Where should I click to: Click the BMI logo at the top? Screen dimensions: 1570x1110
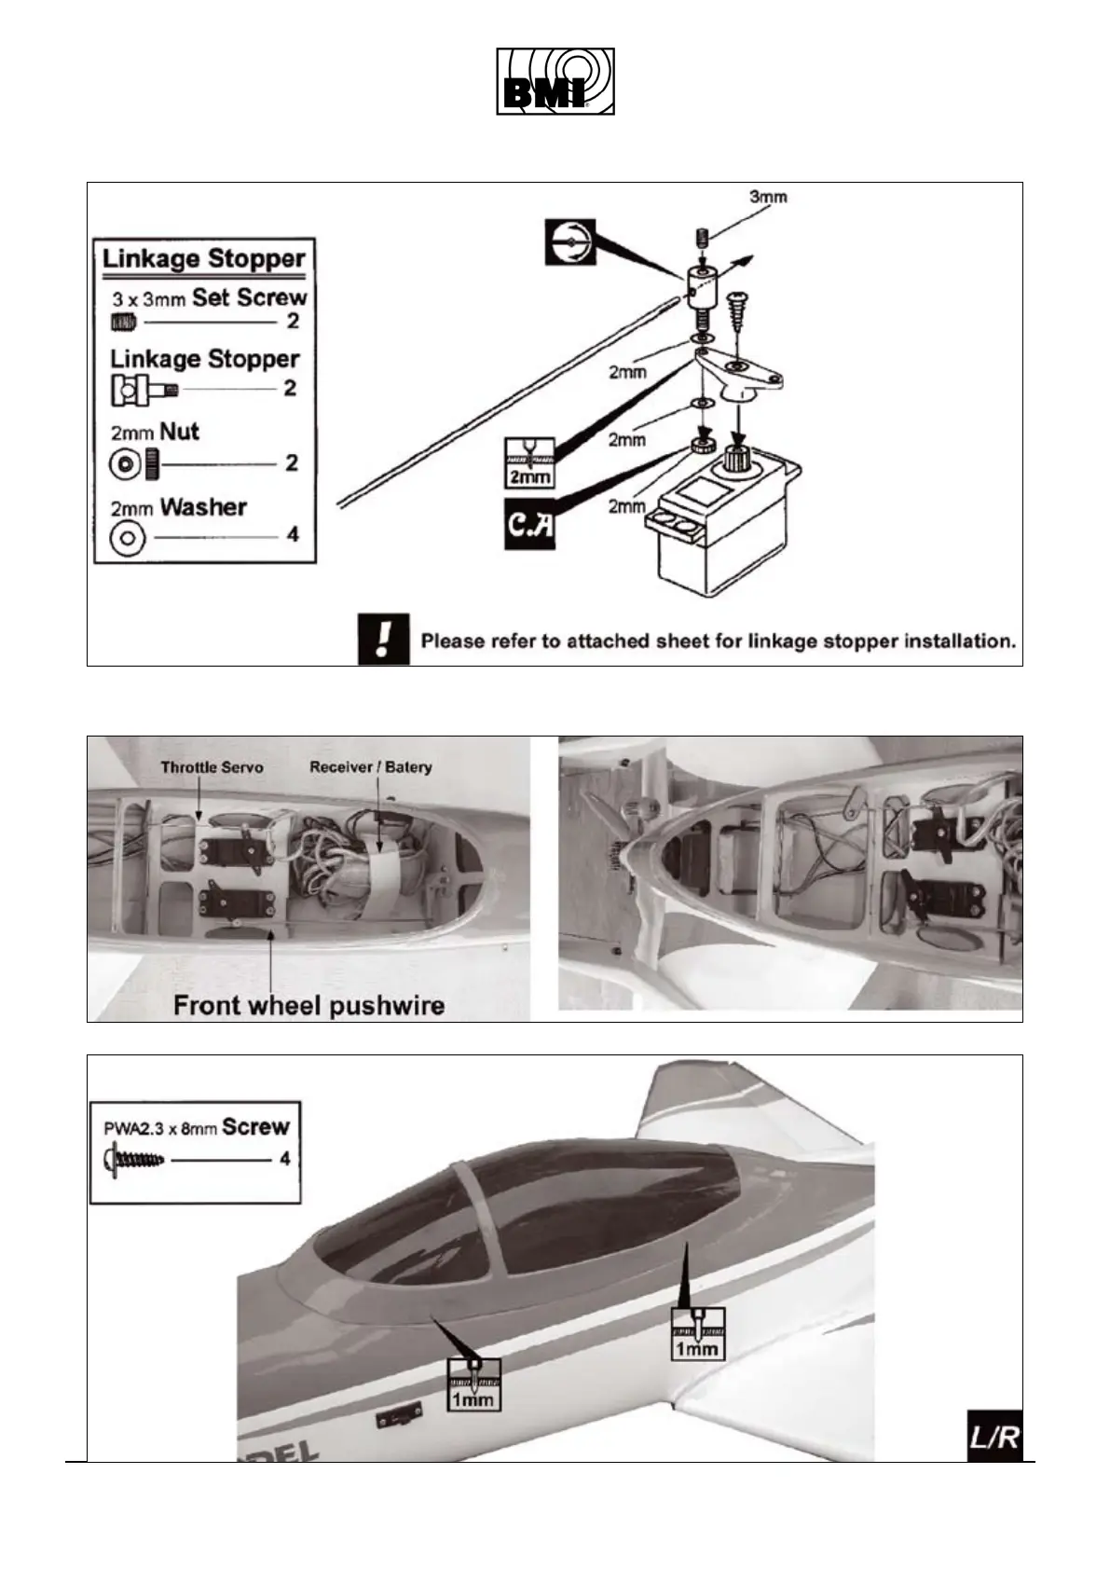pyautogui.click(x=555, y=81)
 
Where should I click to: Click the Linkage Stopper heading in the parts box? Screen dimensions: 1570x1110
pyautogui.click(x=204, y=258)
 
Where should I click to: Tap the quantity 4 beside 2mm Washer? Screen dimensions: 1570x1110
pyautogui.click(x=293, y=535)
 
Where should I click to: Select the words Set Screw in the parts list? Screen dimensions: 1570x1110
pyautogui.click(x=249, y=297)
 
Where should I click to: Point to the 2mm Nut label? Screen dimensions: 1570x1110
pyautogui.click(x=155, y=432)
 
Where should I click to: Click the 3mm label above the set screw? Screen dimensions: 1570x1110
pyautogui.click(x=768, y=197)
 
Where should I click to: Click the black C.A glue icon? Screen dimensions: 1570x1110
pyautogui.click(x=529, y=524)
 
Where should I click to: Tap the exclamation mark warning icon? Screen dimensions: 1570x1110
pyautogui.click(x=384, y=639)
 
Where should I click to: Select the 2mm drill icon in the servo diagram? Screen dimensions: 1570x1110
pyautogui.click(x=528, y=461)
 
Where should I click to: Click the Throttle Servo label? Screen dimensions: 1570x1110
pyautogui.click(x=212, y=767)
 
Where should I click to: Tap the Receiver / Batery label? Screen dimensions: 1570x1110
pyautogui.click(x=371, y=767)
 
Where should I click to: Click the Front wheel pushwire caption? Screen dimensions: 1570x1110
pyautogui.click(x=308, y=1006)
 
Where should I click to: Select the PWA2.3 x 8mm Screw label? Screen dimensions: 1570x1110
pyautogui.click(x=196, y=1127)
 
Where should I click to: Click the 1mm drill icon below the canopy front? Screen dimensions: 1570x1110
pyautogui.click(x=473, y=1382)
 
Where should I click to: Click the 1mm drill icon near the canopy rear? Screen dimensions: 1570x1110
pyautogui.click(x=697, y=1333)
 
